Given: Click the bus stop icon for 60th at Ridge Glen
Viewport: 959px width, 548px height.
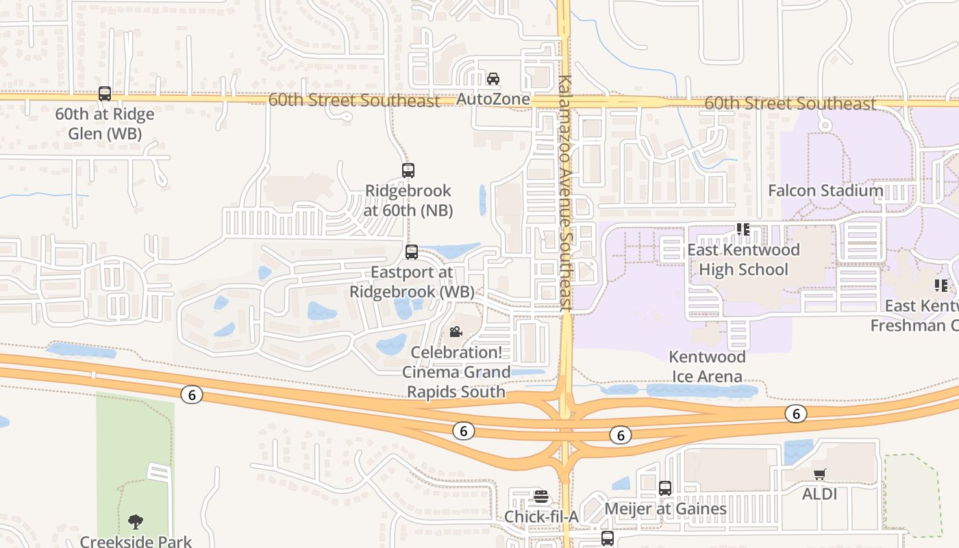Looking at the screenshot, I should (105, 94).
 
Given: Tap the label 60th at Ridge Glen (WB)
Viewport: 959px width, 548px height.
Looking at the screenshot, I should (105, 123).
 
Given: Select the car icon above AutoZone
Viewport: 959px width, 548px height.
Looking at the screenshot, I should (493, 79).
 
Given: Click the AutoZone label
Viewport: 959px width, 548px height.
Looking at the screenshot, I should (493, 99).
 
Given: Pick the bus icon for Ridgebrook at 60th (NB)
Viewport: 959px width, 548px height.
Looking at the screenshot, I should (408, 171).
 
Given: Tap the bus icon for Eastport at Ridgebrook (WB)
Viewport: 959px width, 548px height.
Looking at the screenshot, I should (412, 252).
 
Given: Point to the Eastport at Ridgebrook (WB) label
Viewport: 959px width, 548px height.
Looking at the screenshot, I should (412, 282).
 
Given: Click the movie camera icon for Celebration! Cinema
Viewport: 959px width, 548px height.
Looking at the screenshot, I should (456, 332).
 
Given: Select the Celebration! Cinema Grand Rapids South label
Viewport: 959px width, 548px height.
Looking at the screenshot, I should (456, 373).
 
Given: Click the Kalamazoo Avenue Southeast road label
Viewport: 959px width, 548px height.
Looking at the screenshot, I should (565, 194).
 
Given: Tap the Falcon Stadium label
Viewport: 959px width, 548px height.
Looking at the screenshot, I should (825, 190).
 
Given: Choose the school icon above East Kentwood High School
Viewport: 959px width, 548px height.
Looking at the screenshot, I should (743, 229).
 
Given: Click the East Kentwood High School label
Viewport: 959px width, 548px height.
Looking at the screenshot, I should (743, 260).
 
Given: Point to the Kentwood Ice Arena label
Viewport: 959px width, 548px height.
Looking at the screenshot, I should (706, 366).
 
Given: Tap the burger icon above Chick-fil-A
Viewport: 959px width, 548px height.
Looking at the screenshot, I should (541, 496).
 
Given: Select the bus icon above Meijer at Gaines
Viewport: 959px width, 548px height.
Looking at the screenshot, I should (665, 488).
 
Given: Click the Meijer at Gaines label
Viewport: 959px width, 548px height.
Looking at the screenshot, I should (665, 509).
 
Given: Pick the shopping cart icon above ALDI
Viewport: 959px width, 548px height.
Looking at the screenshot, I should (820, 474).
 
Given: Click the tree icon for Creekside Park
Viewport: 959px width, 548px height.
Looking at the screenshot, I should (136, 522).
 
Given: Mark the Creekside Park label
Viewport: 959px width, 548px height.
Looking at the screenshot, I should (136, 541).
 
